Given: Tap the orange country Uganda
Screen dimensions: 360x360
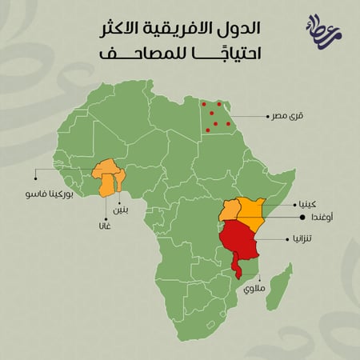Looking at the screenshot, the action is [230, 210].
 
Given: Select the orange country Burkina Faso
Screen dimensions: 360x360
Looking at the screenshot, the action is [105, 170].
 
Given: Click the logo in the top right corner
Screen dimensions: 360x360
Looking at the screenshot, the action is [321, 32].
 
